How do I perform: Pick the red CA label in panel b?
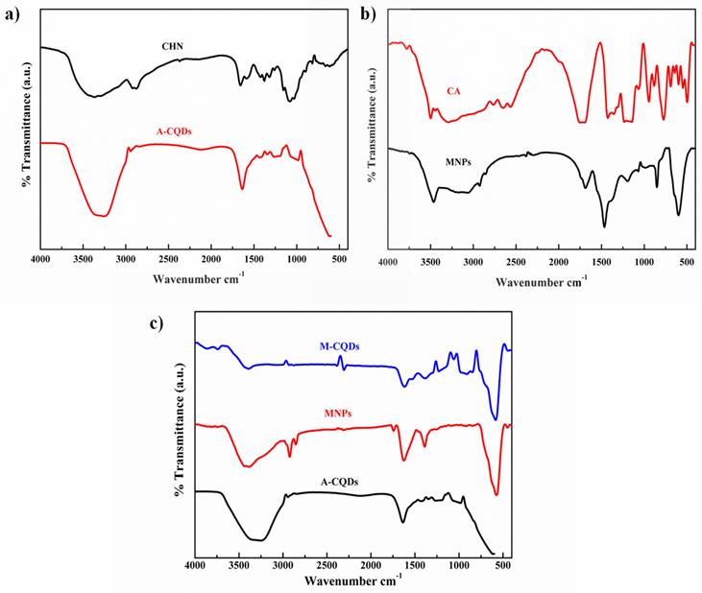pos(455,91)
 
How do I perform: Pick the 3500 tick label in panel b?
pos(430,263)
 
